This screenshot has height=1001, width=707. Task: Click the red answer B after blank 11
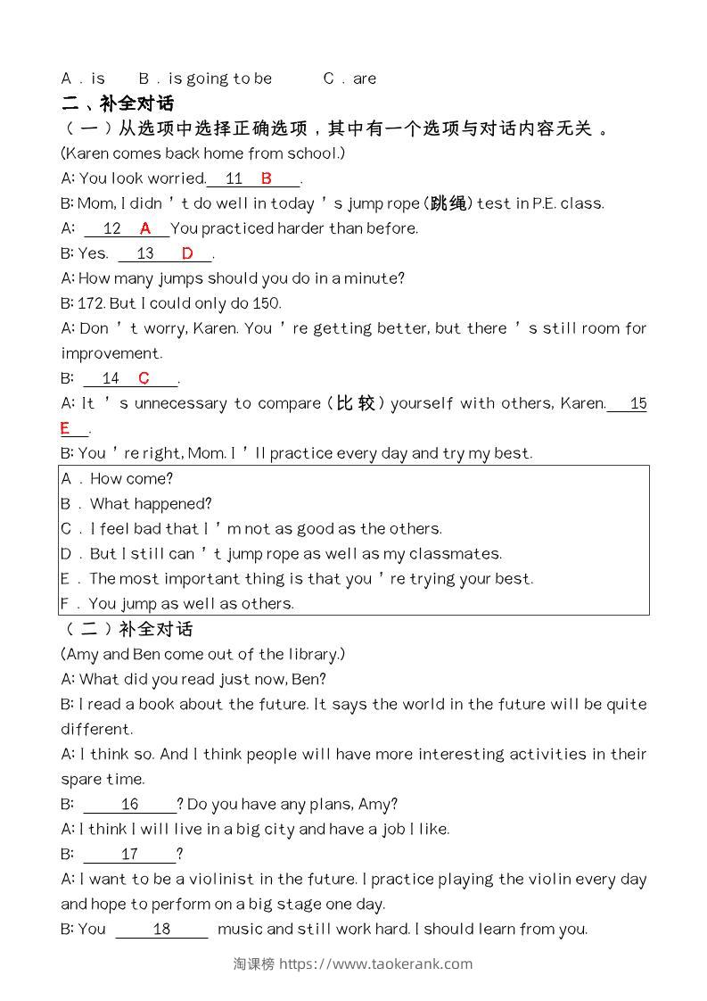(266, 178)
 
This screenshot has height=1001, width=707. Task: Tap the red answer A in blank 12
(145, 228)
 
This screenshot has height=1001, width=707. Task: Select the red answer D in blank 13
(187, 253)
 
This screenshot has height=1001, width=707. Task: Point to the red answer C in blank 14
(144, 378)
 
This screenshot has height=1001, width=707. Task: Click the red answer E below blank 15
(65, 429)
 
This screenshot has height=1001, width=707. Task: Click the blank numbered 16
(130, 804)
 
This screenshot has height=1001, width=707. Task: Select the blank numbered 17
(130, 854)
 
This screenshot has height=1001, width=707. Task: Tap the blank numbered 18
(161, 929)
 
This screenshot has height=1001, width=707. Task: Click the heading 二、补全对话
(118, 103)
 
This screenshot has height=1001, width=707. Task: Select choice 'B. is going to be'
(206, 79)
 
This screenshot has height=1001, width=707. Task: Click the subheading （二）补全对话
(127, 629)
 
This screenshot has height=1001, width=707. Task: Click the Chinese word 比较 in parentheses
(356, 403)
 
